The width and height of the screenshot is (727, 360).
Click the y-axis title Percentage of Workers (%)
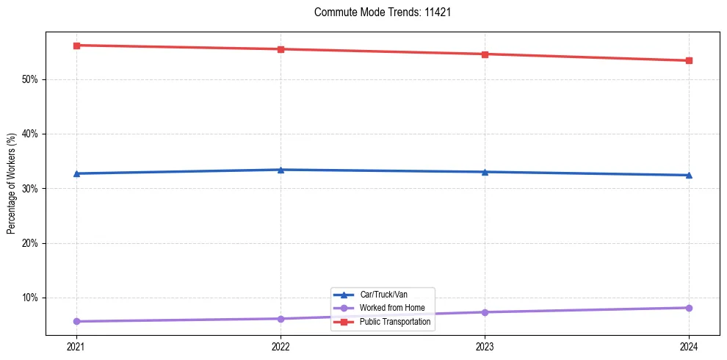(x=12, y=184)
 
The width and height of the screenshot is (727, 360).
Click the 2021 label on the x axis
(x=76, y=346)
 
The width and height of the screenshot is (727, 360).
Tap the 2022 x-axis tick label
(x=281, y=346)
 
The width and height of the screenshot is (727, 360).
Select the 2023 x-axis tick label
(x=485, y=346)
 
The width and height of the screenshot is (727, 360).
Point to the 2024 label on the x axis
(x=689, y=346)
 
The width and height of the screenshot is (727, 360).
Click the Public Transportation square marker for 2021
(x=76, y=46)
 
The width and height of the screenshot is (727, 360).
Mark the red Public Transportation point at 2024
(x=689, y=60)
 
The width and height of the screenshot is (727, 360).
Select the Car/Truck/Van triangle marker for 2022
(x=281, y=170)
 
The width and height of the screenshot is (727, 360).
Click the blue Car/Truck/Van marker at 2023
(x=485, y=172)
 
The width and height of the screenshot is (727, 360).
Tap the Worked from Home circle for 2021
(x=76, y=321)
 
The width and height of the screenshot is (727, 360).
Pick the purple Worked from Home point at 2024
(x=689, y=308)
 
